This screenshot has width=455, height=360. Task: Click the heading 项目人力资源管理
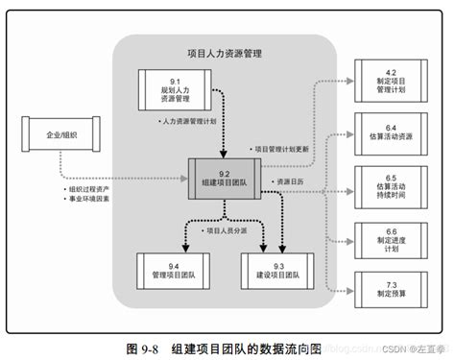pos(222,54)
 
